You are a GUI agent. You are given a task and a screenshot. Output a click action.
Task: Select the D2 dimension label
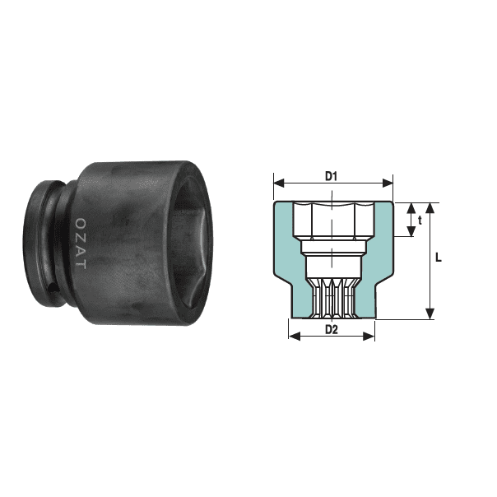click(332, 330)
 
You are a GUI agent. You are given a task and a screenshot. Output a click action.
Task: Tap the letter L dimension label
click(439, 258)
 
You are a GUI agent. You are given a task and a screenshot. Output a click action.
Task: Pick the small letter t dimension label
click(420, 220)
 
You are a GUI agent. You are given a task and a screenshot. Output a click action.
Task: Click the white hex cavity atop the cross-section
click(332, 219)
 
